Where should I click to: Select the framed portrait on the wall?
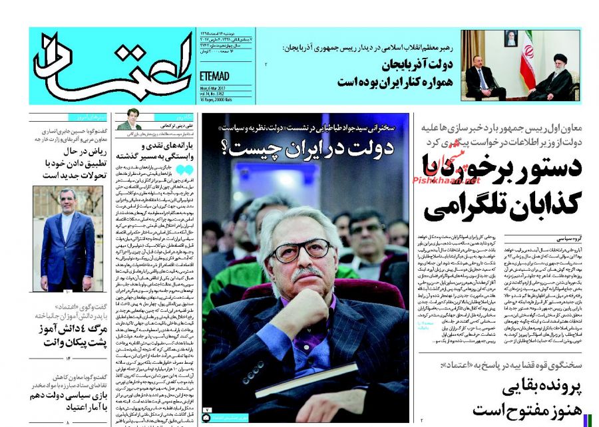coord(510,38)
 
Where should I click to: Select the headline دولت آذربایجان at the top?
coord(419,65)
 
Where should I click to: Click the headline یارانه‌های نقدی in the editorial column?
coord(157,145)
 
